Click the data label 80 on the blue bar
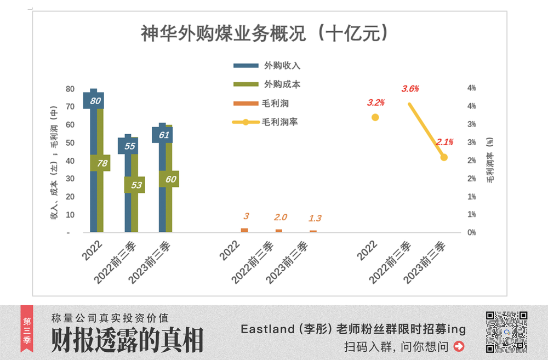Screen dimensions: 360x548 pos(95,101)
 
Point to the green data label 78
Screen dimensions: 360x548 pos(101,163)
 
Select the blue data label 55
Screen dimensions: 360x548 pos(130,146)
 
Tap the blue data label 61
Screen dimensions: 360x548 pos(164,135)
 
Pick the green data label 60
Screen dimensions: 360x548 pos(170,179)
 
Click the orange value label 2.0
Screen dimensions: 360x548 pos(281,218)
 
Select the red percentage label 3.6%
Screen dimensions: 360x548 pos(410,89)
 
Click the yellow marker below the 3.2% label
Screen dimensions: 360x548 pos(375,117)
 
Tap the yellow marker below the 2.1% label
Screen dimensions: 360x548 pos(444,157)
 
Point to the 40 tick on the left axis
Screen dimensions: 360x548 pos(70,161)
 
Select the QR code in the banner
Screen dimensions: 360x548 pos(506,332)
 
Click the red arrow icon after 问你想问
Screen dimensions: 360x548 pos(459,346)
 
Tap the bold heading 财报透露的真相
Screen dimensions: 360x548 pos(127,340)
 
